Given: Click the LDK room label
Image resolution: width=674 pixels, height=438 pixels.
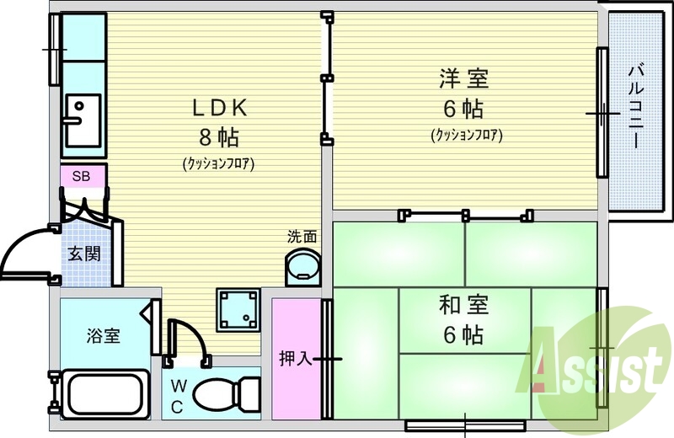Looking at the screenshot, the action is click(220, 108).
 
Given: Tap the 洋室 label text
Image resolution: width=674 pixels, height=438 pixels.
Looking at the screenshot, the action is click(464, 78).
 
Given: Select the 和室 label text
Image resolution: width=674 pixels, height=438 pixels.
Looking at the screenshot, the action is click(463, 305).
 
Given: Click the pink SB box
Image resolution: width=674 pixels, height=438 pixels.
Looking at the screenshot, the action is click(83, 176).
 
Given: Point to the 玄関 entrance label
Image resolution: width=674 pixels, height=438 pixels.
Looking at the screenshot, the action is click(84, 254).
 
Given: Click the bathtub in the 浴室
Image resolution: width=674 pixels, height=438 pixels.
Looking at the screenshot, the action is click(105, 394).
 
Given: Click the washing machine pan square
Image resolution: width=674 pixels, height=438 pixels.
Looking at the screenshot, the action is click(238, 309).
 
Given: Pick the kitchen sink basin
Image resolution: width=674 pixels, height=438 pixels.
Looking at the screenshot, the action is click(83, 120).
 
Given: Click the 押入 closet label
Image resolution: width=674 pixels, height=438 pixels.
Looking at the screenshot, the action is click(296, 358).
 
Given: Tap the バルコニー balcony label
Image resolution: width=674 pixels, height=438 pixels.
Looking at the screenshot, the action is click(636, 106).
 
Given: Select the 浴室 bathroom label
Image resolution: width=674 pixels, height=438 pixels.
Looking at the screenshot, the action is click(103, 335).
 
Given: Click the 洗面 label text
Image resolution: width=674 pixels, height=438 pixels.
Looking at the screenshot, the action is click(302, 237).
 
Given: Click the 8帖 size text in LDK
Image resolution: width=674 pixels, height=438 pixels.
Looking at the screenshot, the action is click(219, 137).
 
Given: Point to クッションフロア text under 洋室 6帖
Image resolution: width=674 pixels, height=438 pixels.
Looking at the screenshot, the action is click(467, 136).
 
